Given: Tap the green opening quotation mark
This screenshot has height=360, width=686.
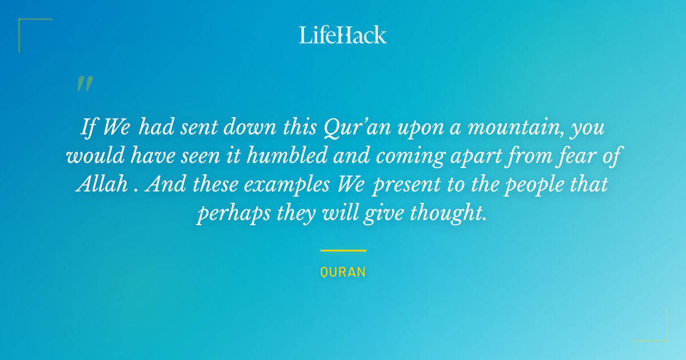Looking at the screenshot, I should point(85,84).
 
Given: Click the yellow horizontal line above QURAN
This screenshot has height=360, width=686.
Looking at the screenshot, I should point(343,250).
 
